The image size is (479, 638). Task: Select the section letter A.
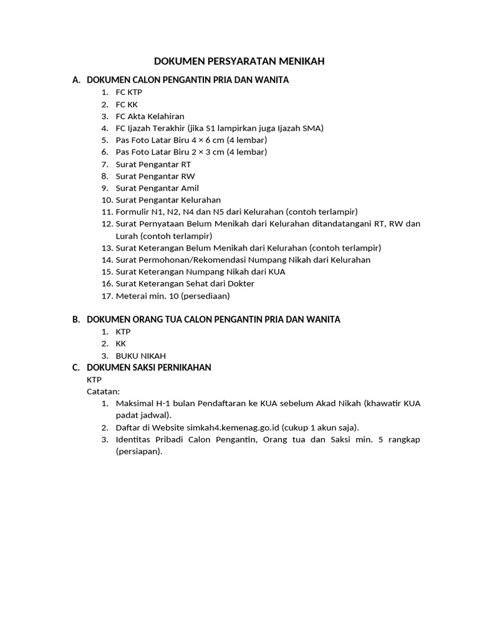[x=76, y=80]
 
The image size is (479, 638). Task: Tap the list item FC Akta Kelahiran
[x=150, y=116]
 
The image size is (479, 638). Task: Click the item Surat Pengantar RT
[x=153, y=164]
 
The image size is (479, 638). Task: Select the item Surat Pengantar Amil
[x=157, y=188]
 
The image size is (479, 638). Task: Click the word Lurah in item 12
[x=127, y=236]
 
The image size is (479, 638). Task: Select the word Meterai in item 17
[x=131, y=295]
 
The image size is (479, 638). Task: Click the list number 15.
[x=106, y=272]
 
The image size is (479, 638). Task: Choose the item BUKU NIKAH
[x=140, y=356]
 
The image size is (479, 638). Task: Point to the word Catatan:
[x=103, y=391]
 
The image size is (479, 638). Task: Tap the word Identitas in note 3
[x=134, y=439]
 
